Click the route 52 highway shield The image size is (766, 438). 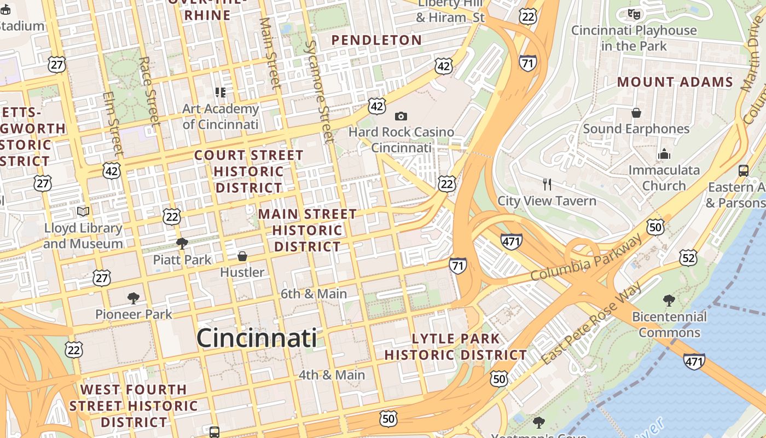pos(688,257)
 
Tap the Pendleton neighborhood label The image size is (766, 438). pos(376,40)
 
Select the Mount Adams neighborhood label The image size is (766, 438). pos(675,82)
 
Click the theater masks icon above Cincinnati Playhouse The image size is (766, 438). pos(634,14)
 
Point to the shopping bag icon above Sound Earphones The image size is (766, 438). pos(636,113)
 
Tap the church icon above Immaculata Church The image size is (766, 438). pos(664,154)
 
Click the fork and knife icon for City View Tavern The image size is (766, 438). pos(547,184)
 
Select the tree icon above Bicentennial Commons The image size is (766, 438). pos(669,300)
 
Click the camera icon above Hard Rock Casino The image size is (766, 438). pos(401,116)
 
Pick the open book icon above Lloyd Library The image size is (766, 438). pos(83,211)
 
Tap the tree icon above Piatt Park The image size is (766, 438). pos(182,243)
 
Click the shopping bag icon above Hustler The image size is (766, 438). pos(242,256)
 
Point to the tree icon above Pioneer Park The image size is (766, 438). pos(133,298)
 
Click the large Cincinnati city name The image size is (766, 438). pos(256,337)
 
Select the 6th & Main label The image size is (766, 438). pos(314,293)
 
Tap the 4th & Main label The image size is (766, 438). pos(332,375)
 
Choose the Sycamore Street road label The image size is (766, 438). pos(319,91)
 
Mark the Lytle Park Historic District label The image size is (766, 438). pos(455,347)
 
